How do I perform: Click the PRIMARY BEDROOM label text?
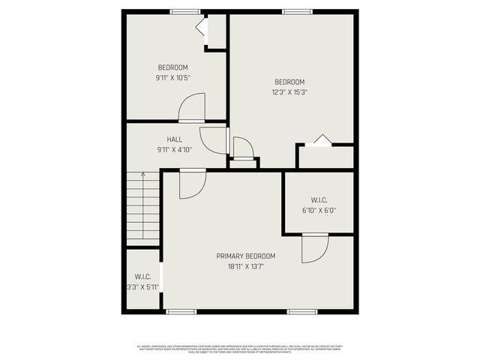click(x=246, y=256)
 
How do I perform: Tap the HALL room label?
click(x=174, y=139)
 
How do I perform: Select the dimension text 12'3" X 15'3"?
click(x=289, y=92)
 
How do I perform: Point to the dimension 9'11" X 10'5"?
click(x=172, y=76)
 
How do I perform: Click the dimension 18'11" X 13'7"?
click(x=246, y=266)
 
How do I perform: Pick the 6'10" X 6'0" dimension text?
click(x=319, y=211)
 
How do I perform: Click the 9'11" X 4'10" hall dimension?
click(x=174, y=150)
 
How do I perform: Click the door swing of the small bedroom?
click(x=193, y=107)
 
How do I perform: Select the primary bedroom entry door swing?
click(x=192, y=184)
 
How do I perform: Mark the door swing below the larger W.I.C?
click(x=315, y=248)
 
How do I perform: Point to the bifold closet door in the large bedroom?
click(x=321, y=139)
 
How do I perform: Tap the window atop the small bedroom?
click(x=185, y=11)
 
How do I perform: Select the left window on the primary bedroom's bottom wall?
click(x=181, y=311)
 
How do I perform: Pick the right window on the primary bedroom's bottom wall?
click(x=302, y=311)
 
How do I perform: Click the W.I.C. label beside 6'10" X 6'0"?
click(x=319, y=200)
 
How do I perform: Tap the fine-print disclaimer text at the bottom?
click(x=240, y=349)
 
